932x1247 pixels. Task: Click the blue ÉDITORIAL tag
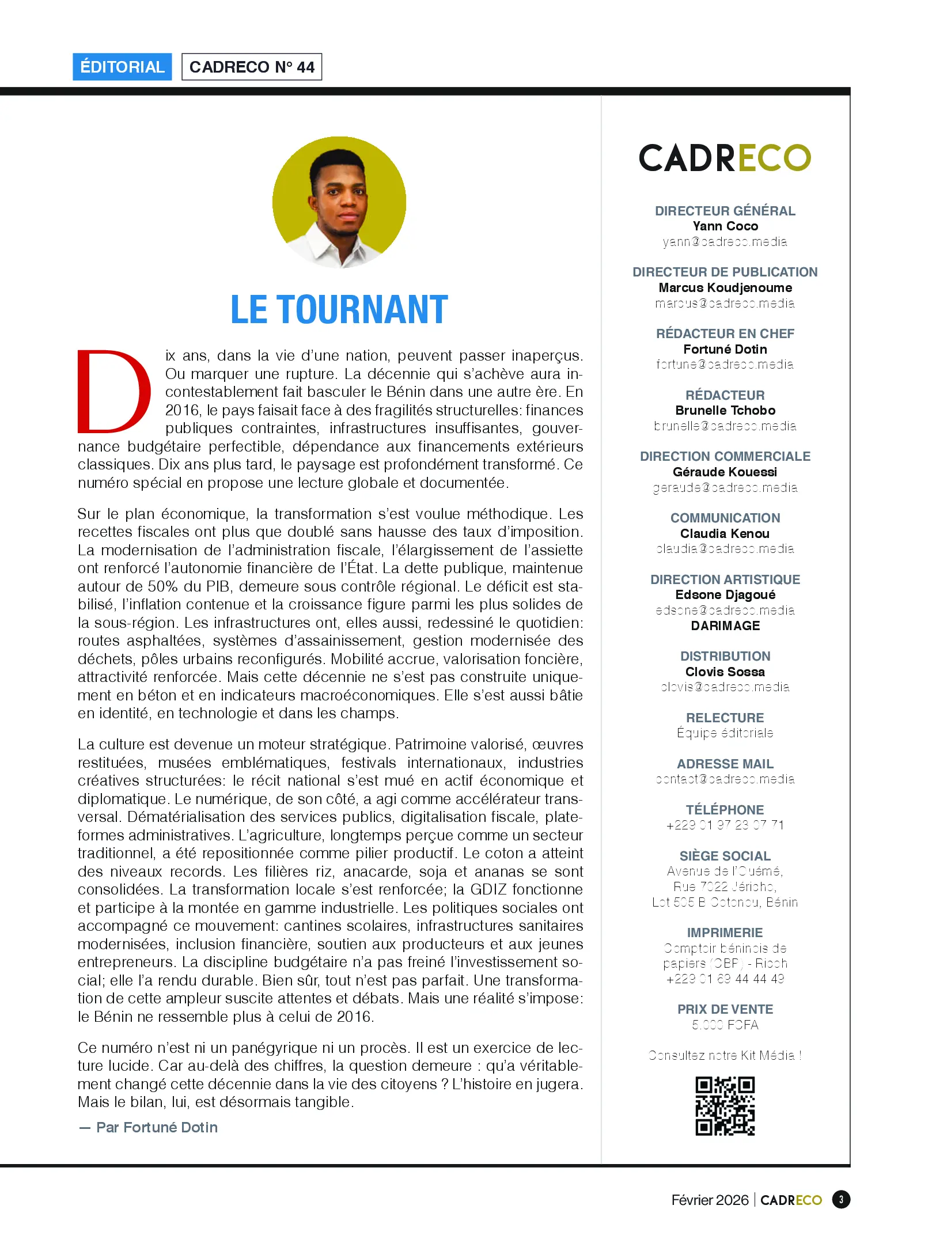click(x=122, y=67)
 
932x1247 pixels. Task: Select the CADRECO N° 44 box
click(x=252, y=67)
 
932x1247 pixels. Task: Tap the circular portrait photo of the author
click(x=339, y=202)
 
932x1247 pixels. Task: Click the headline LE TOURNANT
click(x=339, y=310)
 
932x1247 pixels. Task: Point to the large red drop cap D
click(x=115, y=392)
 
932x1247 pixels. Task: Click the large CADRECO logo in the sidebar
click(x=725, y=158)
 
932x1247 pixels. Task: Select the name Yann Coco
click(x=725, y=226)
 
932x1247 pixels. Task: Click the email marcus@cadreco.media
click(x=725, y=304)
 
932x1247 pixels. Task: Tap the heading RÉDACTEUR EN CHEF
click(x=725, y=334)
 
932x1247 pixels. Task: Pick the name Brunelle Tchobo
click(x=725, y=411)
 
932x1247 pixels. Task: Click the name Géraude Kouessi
click(x=725, y=472)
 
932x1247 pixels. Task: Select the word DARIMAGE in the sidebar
click(x=725, y=626)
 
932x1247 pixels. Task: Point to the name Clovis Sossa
click(x=725, y=672)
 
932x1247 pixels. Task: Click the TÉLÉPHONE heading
click(x=725, y=810)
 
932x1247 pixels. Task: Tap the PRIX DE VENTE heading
click(x=725, y=1010)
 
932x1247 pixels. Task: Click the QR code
click(x=725, y=1106)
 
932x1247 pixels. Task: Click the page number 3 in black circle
click(x=841, y=1200)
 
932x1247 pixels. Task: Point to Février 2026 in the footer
click(x=710, y=1200)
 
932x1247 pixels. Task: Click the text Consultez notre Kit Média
click(x=725, y=1056)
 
